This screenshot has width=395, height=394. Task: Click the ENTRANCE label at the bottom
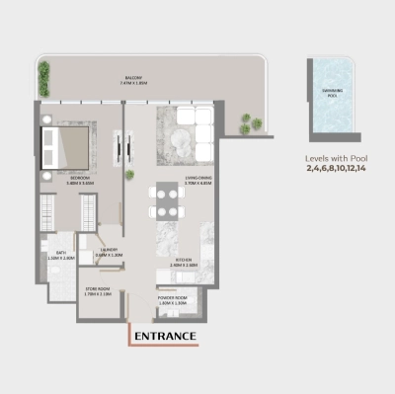click(165, 337)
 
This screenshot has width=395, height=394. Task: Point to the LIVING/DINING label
click(199, 180)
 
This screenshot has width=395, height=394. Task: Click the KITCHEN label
click(185, 263)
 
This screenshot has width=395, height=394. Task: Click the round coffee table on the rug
click(183, 145)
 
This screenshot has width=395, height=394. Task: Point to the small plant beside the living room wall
click(129, 175)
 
